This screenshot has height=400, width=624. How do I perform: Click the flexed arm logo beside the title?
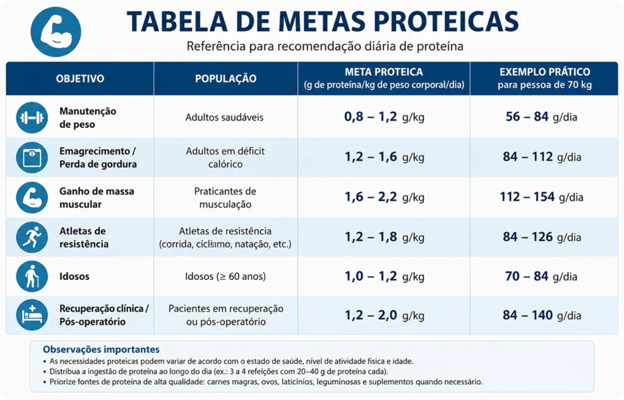pyautogui.click(x=55, y=32)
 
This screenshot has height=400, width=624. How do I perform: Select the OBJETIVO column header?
pyautogui.click(x=80, y=79)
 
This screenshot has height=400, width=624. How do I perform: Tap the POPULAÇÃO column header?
pyautogui.click(x=225, y=79)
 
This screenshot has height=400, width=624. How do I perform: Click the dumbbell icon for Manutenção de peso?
pyautogui.click(x=32, y=118)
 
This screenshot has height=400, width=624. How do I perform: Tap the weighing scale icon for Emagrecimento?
pyautogui.click(x=32, y=158)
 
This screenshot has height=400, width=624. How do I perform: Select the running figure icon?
pyautogui.click(x=32, y=237)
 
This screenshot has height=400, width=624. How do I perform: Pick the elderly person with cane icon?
pyautogui.click(x=32, y=276)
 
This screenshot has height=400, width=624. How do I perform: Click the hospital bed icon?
pyautogui.click(x=32, y=315)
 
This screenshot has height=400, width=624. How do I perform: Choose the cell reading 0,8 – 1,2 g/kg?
pyautogui.click(x=384, y=117)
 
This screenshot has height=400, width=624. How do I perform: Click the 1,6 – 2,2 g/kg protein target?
pyautogui.click(x=384, y=197)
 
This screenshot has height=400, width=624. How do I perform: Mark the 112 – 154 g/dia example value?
pyautogui.click(x=542, y=197)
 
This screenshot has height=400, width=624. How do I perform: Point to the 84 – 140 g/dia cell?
pyautogui.click(x=542, y=315)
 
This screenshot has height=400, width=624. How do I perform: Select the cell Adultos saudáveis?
pyautogui.click(x=224, y=118)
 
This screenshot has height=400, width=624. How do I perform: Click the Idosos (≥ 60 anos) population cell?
pyautogui.click(x=225, y=276)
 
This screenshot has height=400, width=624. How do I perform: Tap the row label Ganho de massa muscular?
pyautogui.click(x=97, y=198)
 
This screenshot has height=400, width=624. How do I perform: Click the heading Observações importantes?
pyautogui.click(x=101, y=349)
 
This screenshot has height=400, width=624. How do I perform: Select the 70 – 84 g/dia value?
pyautogui.click(x=541, y=276)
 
